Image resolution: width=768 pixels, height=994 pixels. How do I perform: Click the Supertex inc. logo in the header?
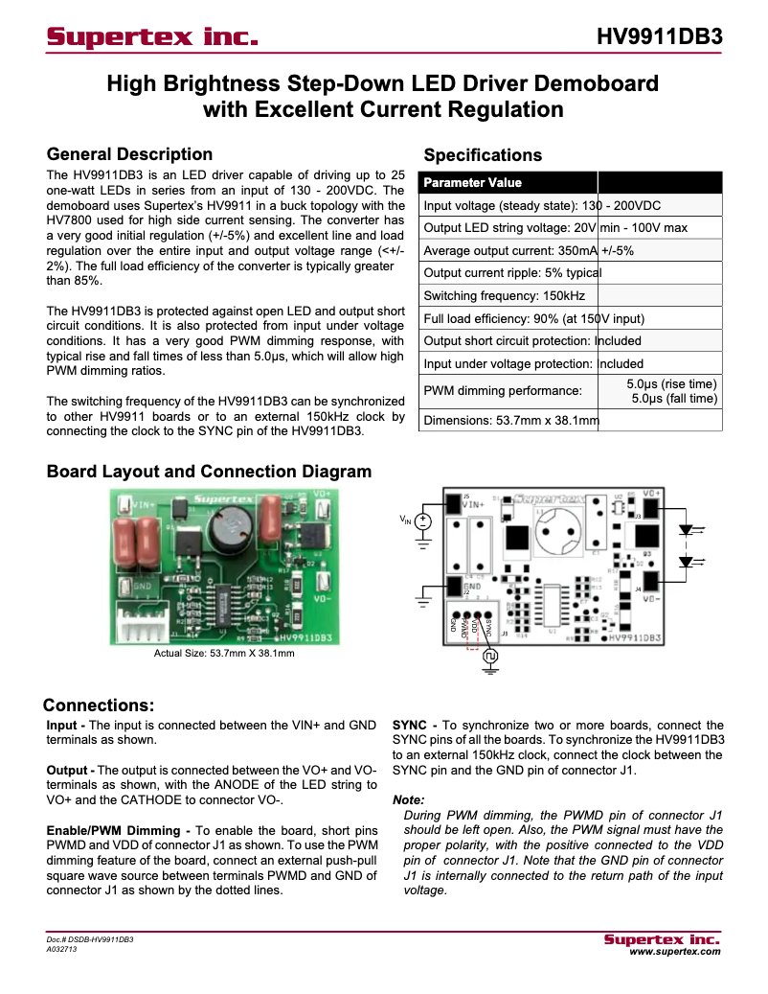[152, 37]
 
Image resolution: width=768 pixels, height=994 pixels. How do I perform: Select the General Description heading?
[129, 154]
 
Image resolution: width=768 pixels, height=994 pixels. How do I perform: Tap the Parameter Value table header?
[473, 182]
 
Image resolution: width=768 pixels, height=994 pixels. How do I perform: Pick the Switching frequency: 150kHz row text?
[504, 296]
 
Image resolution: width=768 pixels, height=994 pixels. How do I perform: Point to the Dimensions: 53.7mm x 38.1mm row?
[511, 420]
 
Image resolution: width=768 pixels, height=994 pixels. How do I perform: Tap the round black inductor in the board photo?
[230, 534]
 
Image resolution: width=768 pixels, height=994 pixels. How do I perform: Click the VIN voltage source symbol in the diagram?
[422, 522]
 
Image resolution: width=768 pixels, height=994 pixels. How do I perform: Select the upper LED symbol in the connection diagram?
[686, 529]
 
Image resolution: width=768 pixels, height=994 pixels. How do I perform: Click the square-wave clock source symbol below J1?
[490, 657]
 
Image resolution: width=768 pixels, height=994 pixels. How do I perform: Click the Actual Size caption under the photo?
[224, 654]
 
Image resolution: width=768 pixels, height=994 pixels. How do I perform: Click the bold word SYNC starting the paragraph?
[410, 725]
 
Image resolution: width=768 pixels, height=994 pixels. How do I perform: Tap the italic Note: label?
[409, 800]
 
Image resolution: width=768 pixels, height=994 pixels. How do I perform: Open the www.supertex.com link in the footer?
[674, 952]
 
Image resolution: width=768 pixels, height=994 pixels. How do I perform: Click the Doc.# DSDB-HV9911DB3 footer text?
[90, 940]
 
